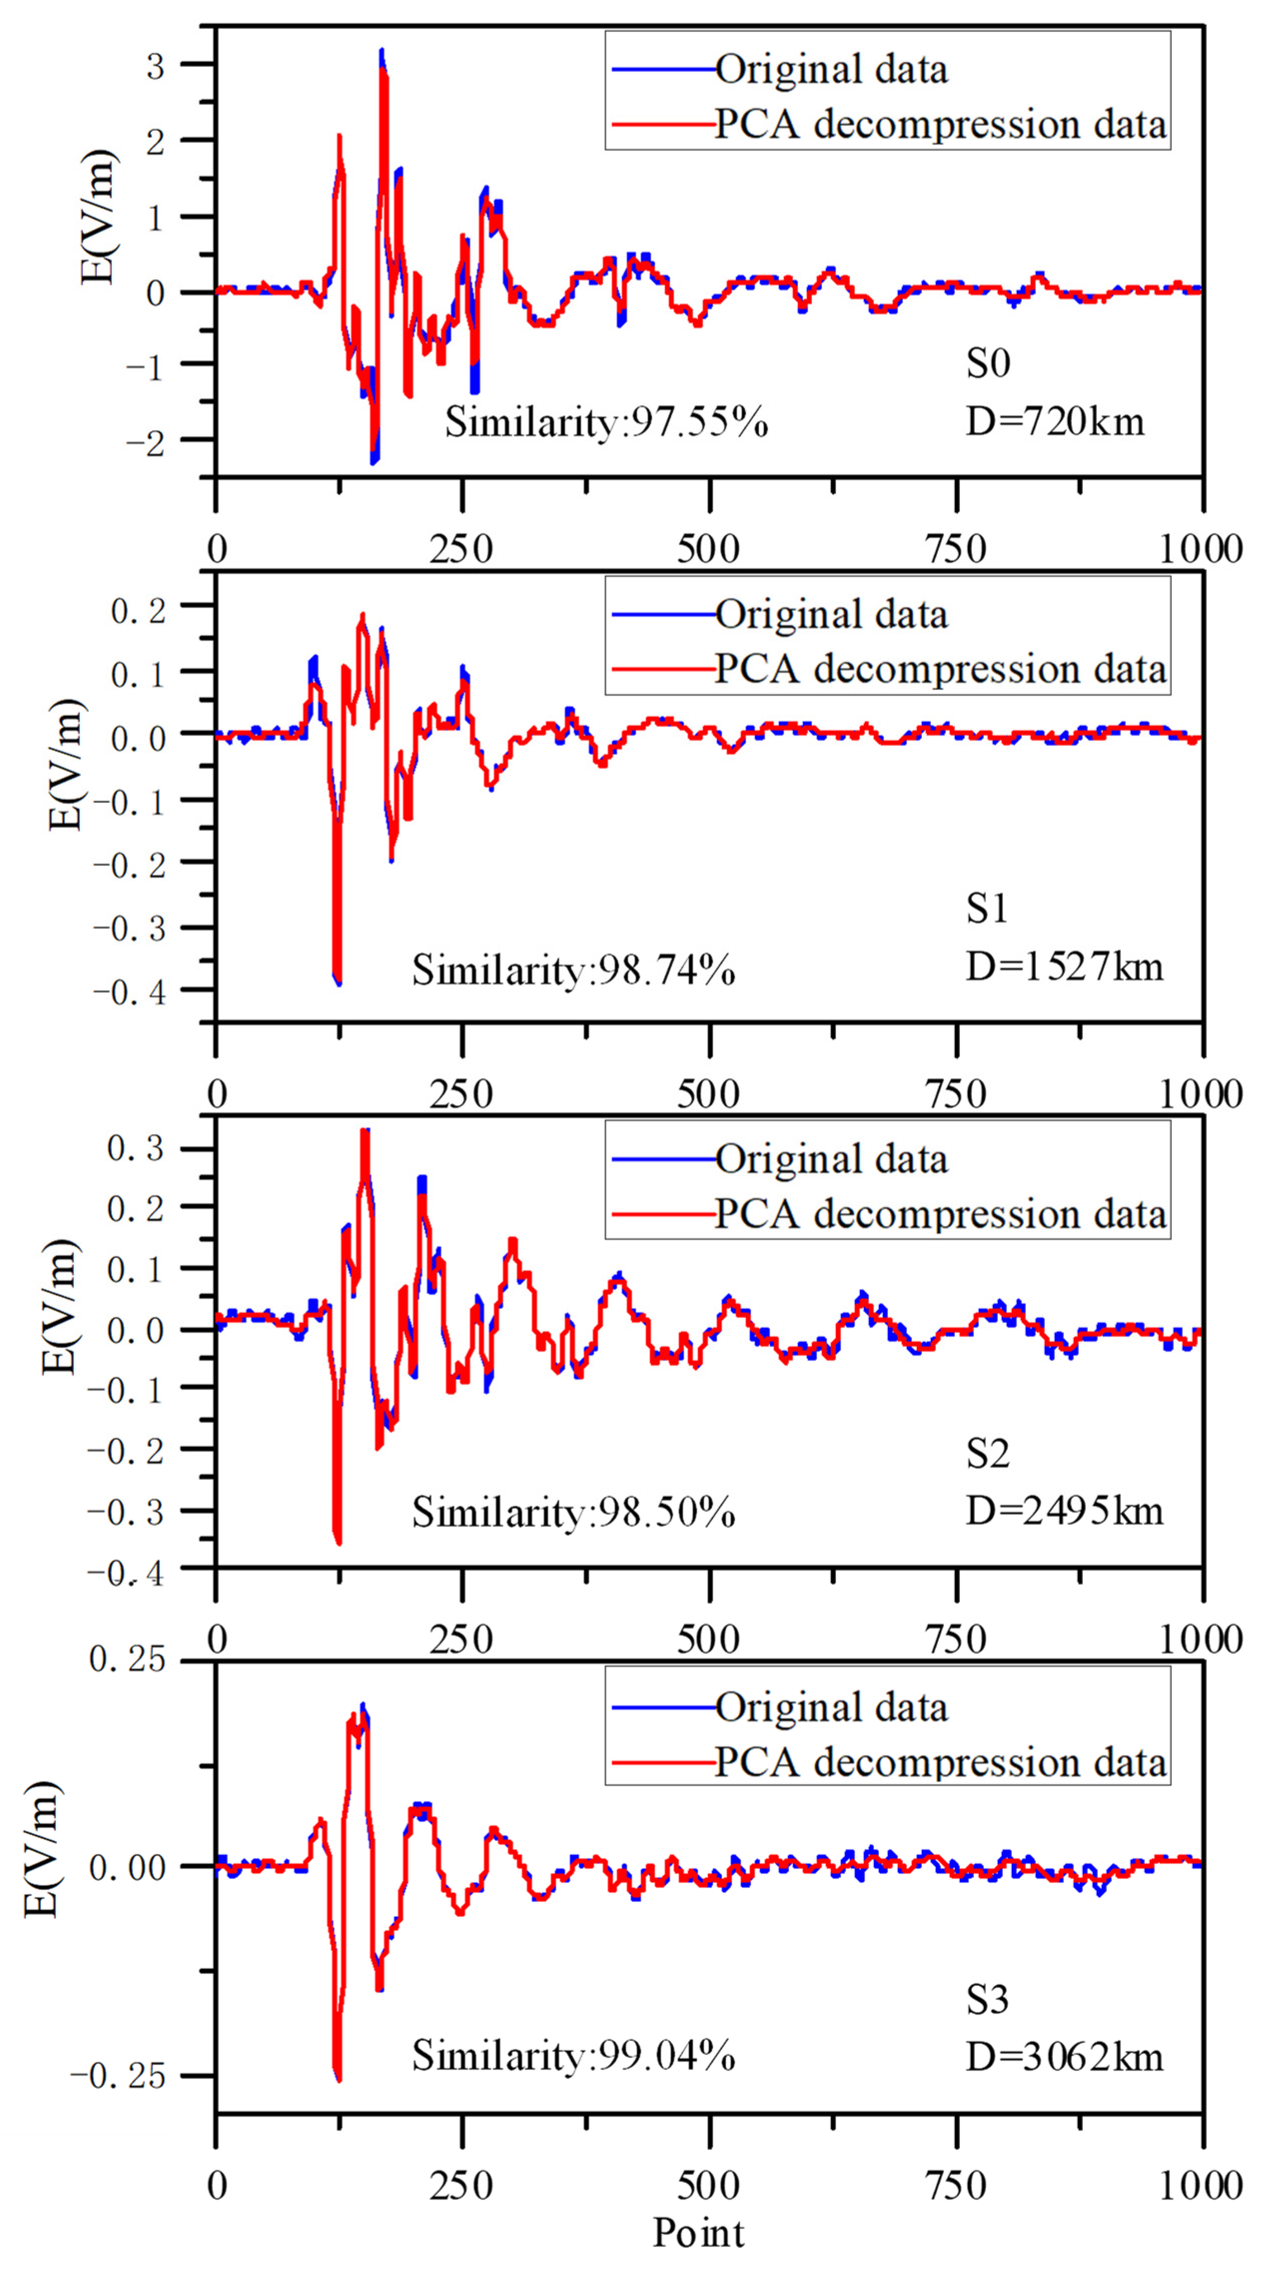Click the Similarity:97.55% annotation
606,422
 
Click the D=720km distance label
1055,422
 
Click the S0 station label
987,364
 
